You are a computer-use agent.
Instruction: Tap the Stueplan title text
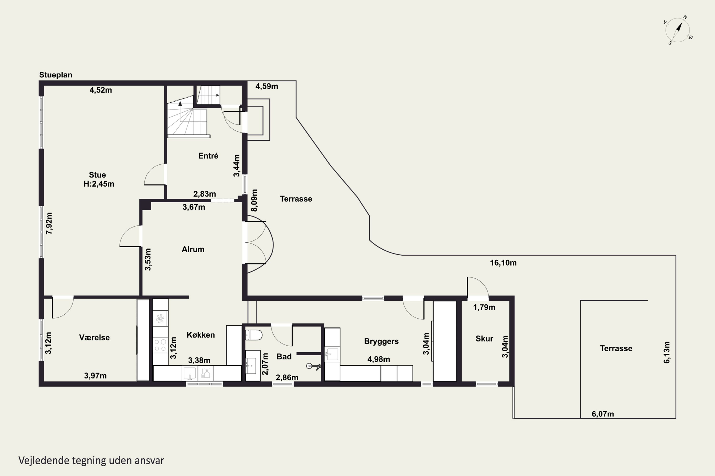(x=56, y=75)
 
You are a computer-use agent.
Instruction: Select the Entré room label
(x=208, y=156)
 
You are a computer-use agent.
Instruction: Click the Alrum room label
(x=193, y=249)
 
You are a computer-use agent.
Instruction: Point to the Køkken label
(x=201, y=335)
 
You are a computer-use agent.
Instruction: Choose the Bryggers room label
(x=381, y=342)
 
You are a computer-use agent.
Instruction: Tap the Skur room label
(x=484, y=338)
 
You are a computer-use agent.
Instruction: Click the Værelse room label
(x=94, y=337)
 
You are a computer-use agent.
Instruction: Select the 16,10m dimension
(x=503, y=263)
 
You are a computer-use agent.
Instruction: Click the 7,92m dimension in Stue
(x=49, y=223)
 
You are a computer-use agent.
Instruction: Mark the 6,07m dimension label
(x=603, y=414)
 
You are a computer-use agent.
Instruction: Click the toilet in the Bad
(x=254, y=335)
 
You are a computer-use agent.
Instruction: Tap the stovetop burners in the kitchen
(x=160, y=346)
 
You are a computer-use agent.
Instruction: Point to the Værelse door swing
(x=63, y=307)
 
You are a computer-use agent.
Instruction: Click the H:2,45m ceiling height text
(x=99, y=184)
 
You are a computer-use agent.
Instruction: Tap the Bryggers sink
(x=332, y=354)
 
